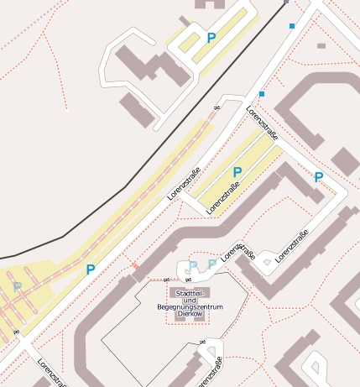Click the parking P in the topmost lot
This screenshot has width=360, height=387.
tap(211, 38)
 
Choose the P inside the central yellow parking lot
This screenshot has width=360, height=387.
tap(237, 172)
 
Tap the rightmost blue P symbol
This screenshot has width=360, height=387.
tap(318, 177)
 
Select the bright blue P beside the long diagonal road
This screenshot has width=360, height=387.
tap(90, 269)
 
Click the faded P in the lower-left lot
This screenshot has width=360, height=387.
tap(17, 287)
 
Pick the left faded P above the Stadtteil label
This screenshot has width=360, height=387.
tap(193, 266)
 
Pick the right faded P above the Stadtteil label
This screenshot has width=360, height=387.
tap(212, 264)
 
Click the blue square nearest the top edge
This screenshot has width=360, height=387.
tap(292, 26)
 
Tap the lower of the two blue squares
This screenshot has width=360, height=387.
tap(262, 94)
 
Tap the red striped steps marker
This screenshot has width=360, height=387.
tap(133, 266)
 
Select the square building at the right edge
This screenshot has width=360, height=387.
tap(345, 161)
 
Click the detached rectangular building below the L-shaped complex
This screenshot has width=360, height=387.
tap(138, 110)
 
